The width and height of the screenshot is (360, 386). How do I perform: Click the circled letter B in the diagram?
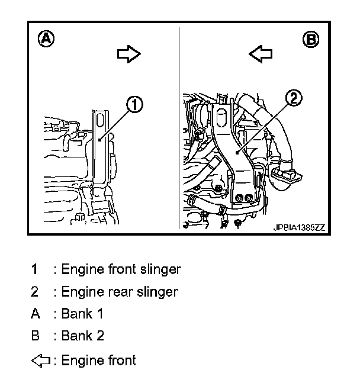click(x=310, y=40)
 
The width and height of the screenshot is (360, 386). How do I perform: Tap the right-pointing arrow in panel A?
click(x=128, y=54)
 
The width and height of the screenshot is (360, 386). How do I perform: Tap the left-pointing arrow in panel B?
click(x=260, y=54)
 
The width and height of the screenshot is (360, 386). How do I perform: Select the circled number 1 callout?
click(x=134, y=105)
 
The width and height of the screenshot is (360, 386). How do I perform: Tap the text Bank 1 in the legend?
click(x=83, y=314)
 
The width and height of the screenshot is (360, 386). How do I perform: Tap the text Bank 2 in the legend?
click(x=83, y=336)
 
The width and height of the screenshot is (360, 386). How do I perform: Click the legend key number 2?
click(x=35, y=292)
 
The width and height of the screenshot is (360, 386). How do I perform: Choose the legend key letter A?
click(x=35, y=314)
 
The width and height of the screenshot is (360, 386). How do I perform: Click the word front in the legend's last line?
click(x=121, y=360)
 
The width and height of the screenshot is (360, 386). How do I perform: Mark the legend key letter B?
click(x=35, y=336)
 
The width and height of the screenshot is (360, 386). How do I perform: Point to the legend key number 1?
click(x=35, y=269)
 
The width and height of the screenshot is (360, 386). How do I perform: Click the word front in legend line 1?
click(x=123, y=269)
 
